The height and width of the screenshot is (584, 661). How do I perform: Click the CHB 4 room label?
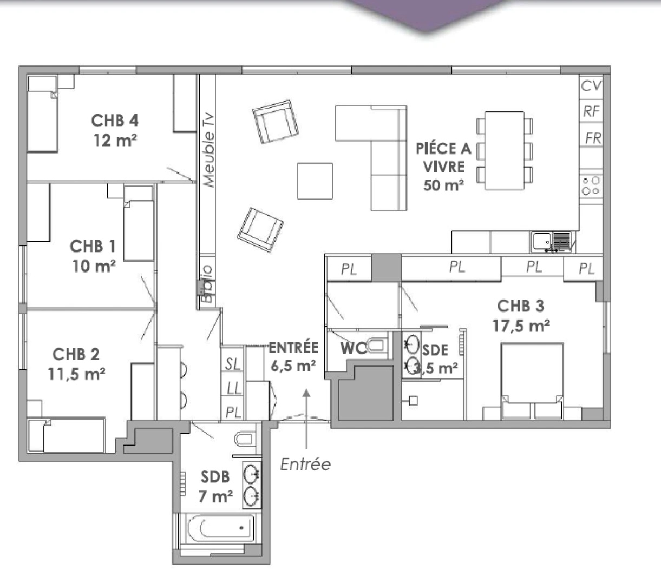click(x=115, y=120)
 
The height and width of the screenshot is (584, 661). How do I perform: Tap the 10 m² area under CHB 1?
click(x=94, y=266)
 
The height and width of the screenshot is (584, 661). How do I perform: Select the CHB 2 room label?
click(x=76, y=354)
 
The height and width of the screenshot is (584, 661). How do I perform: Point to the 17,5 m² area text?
click(x=521, y=326)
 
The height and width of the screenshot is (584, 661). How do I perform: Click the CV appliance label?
click(x=591, y=85)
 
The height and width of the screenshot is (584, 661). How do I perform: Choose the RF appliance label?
click(x=591, y=111)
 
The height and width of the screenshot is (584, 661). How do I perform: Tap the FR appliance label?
click(x=593, y=138)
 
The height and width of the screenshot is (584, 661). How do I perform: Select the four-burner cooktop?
click(x=591, y=185)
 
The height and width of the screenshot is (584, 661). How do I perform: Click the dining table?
click(x=504, y=150)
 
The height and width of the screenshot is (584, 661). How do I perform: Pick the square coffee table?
click(x=315, y=181)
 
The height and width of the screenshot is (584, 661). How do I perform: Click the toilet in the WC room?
click(x=377, y=346)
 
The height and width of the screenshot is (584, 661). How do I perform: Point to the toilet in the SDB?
click(x=245, y=438)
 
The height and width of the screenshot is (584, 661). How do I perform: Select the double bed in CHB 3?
click(x=532, y=379)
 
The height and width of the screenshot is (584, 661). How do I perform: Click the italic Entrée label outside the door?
click(x=305, y=464)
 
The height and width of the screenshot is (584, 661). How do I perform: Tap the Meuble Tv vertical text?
click(x=208, y=150)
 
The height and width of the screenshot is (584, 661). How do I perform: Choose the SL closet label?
click(x=233, y=364)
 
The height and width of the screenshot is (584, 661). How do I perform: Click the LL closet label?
click(x=233, y=388)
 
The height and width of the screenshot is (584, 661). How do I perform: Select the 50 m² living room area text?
click(x=443, y=185)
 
